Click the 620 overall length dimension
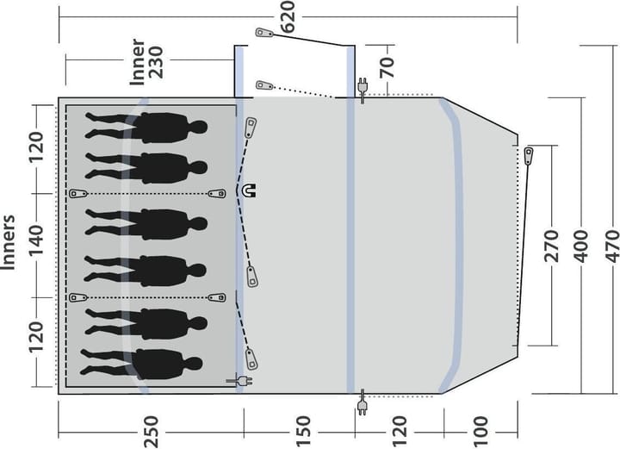click(288, 16)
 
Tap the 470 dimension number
click(612, 246)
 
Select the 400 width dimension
click(581, 246)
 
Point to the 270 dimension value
click(551, 246)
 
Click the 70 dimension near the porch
click(387, 67)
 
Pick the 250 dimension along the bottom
click(151, 432)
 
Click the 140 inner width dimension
click(35, 240)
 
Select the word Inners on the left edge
click(8, 242)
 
